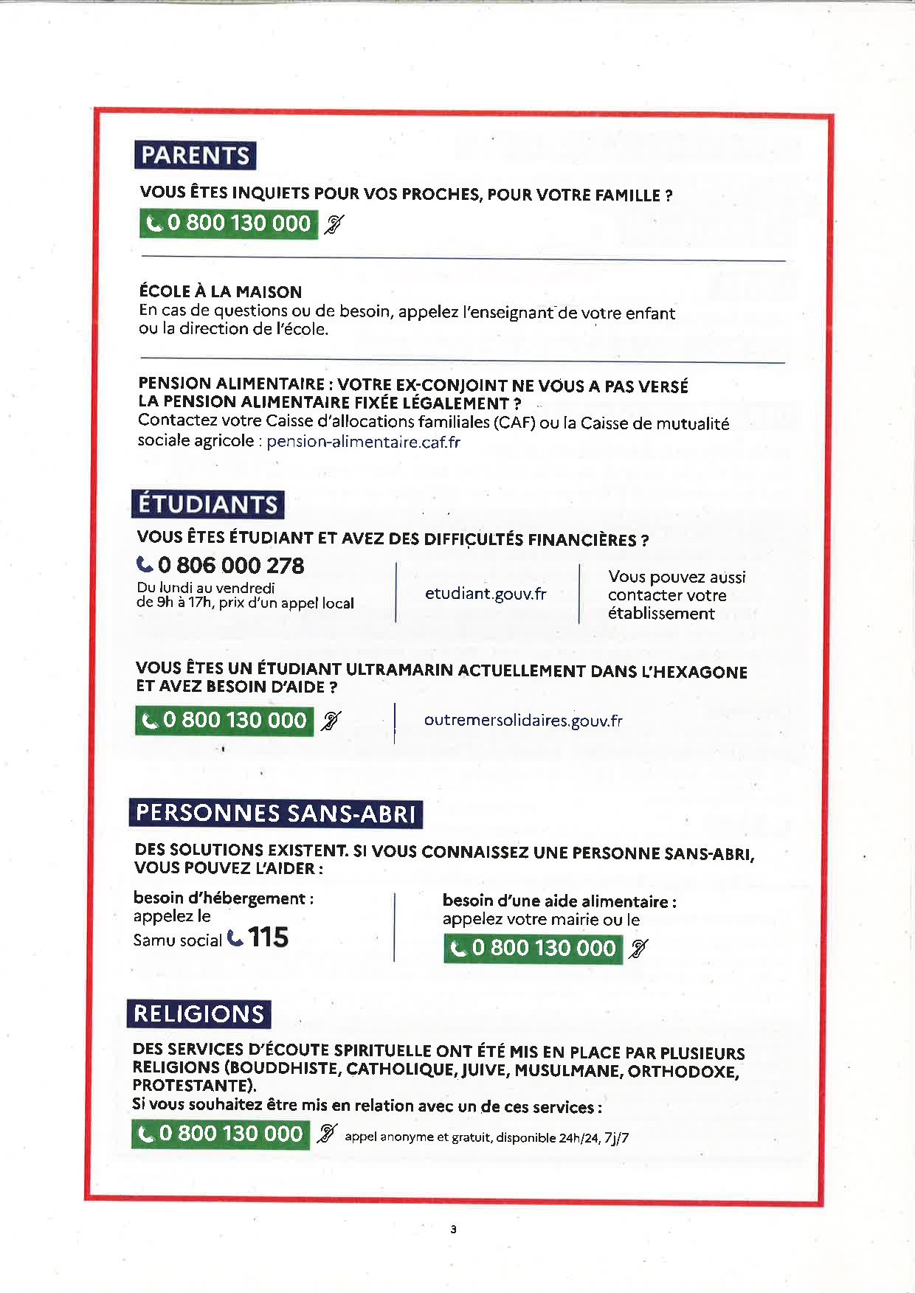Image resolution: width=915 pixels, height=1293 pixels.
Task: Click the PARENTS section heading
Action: coord(195,156)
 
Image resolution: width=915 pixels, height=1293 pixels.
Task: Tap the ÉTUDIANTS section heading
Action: coord(207,505)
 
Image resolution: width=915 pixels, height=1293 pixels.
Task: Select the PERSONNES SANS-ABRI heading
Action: coord(275,814)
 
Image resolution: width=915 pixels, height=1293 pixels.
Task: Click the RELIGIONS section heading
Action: coord(198,1014)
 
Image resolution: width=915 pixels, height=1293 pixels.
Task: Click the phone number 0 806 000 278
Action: coord(230,566)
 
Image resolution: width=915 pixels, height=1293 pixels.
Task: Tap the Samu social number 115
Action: coord(268,937)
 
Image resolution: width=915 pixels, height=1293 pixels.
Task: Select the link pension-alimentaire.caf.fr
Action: coord(363,442)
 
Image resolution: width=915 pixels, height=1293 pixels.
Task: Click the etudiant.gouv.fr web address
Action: coord(486,594)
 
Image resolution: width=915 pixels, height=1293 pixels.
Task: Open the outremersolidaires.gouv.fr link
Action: coord(523,721)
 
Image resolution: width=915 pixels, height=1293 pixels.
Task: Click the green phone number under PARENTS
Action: coord(229,223)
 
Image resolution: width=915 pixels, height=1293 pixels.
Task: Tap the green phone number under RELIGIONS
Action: coord(221,1134)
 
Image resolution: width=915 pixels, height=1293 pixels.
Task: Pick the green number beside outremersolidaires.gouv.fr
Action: coord(224,721)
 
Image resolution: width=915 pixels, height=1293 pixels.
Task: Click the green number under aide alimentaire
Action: coord(533,949)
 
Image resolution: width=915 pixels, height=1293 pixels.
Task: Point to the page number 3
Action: coord(453,1229)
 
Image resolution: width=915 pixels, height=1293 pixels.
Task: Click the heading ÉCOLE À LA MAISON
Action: coord(221,291)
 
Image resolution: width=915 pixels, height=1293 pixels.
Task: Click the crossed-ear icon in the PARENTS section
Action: coord(334,224)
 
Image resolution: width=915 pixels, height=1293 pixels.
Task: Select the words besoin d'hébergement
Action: coord(223,898)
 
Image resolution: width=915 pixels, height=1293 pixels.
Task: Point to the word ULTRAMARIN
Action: coord(400,669)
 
